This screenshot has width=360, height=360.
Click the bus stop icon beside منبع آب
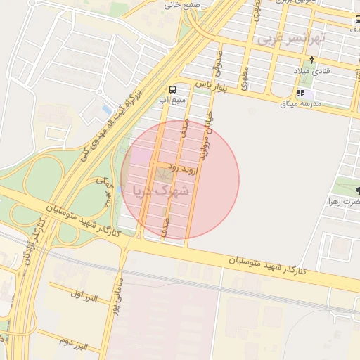click(x=172, y=89)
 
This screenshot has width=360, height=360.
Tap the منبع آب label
click(x=173, y=100)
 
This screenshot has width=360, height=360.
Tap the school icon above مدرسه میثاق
click(x=301, y=93)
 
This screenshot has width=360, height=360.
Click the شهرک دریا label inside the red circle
click(x=162, y=190)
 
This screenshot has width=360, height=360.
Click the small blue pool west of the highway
click(x=106, y=110)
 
